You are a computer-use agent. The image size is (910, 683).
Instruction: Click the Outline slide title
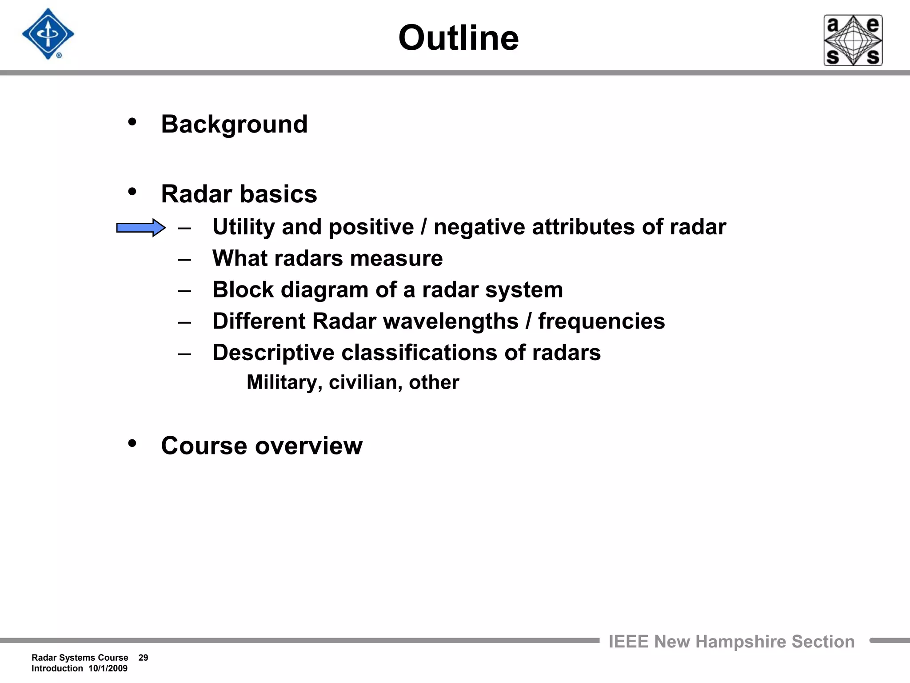(458, 38)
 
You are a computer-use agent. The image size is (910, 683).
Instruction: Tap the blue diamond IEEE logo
(48, 34)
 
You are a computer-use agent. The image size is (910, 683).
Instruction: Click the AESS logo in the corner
(853, 40)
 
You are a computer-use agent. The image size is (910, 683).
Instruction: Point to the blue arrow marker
(141, 228)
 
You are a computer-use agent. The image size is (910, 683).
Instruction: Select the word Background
(234, 124)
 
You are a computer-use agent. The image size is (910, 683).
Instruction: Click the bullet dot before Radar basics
(132, 192)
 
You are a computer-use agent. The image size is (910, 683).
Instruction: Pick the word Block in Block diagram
(243, 290)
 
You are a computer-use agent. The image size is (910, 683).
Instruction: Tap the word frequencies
(601, 321)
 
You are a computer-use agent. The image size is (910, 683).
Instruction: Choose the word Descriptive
(273, 353)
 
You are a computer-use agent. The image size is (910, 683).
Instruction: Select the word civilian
(365, 382)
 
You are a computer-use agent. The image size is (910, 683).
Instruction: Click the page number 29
(143, 658)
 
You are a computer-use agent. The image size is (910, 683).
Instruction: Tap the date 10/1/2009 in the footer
(108, 668)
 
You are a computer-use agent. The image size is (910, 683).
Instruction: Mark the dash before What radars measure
(184, 259)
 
